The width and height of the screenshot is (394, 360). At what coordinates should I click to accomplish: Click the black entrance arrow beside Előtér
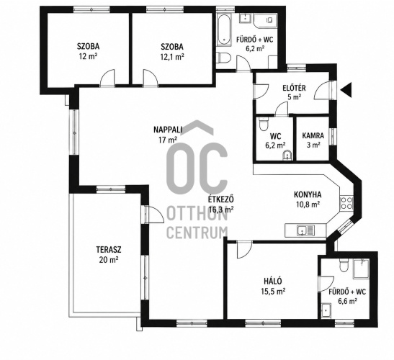(346, 89)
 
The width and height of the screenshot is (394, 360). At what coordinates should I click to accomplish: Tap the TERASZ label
(109, 249)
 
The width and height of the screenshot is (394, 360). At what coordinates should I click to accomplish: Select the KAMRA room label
(313, 135)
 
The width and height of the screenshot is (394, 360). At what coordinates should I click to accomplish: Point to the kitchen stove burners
(346, 203)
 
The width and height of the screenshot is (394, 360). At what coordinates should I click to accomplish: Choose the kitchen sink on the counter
(305, 230)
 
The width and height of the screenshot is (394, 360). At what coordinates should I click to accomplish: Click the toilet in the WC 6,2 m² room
(263, 125)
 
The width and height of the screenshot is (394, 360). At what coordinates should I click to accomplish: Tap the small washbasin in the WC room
(287, 156)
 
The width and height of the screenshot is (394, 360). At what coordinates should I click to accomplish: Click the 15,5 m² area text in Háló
(273, 292)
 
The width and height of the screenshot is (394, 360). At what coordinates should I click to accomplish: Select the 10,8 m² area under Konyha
(308, 204)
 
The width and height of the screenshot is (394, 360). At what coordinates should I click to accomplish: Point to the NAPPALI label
(168, 130)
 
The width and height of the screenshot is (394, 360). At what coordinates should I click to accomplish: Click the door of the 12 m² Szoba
(107, 78)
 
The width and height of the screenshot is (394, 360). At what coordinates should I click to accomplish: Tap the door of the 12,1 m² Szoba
(151, 78)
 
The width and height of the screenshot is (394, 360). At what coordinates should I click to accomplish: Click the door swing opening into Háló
(244, 249)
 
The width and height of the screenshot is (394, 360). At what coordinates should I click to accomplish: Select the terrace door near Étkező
(154, 215)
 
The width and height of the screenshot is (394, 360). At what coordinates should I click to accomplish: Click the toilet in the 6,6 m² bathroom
(343, 265)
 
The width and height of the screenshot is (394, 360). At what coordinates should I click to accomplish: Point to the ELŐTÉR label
(295, 88)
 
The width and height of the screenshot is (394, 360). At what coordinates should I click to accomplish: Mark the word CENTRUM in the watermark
(197, 233)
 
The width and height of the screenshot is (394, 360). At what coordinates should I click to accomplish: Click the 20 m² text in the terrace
(109, 259)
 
